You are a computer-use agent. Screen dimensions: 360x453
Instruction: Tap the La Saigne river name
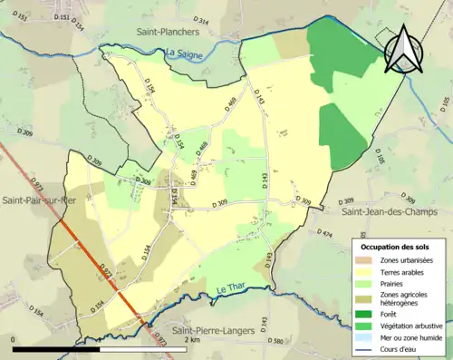point(184,54)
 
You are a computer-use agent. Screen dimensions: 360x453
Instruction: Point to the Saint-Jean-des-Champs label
point(390,211)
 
